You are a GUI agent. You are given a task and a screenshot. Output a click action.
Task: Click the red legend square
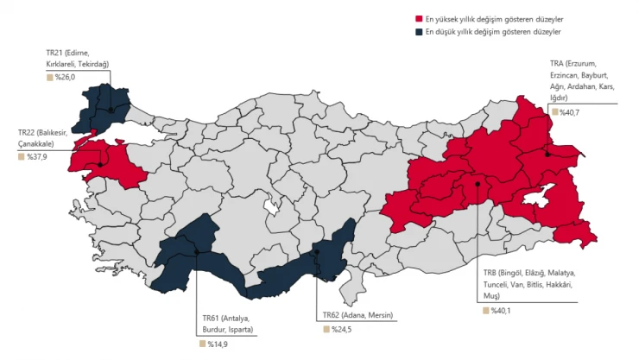click(x=419, y=18)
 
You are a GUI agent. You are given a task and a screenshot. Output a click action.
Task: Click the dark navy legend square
click(x=419, y=31)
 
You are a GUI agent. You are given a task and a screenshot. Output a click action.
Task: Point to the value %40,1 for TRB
click(x=501, y=310)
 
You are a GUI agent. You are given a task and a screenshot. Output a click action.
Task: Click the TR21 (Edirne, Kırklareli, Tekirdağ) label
click(x=78, y=58)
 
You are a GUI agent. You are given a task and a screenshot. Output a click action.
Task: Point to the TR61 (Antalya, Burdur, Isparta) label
click(x=225, y=324)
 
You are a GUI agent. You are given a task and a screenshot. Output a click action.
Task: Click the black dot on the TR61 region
click(x=198, y=252)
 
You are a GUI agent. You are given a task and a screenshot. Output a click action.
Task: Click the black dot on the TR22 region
click(x=101, y=164)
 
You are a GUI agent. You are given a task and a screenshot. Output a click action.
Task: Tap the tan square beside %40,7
click(x=554, y=112)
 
